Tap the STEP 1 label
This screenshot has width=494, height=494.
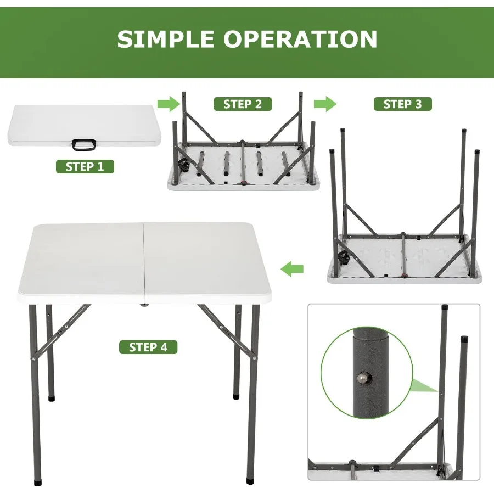85,166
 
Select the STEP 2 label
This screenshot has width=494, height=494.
243,104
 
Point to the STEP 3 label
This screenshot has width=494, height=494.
402,104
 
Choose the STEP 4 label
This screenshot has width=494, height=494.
148,346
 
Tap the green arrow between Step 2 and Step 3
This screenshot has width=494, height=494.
325,103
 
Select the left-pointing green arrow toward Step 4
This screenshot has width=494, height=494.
292,269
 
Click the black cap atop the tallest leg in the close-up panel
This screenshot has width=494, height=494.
444,308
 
